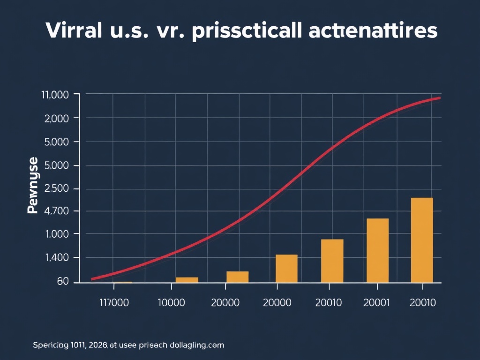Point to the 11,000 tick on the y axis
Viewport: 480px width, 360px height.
click(x=55, y=95)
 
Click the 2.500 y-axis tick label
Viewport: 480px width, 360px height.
click(x=56, y=188)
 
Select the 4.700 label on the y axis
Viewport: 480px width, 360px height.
click(x=56, y=211)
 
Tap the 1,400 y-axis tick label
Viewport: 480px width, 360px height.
click(x=56, y=257)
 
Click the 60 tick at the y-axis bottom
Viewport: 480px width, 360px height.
click(x=62, y=281)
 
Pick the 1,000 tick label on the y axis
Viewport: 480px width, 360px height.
click(x=56, y=234)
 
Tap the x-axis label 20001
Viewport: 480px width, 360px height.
click(x=376, y=303)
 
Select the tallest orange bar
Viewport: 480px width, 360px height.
click(x=422, y=240)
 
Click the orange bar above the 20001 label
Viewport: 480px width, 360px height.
click(x=377, y=250)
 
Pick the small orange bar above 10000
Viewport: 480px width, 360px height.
click(x=187, y=280)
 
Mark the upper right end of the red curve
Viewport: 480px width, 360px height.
click(x=439, y=98)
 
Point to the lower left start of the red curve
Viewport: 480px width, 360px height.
click(x=93, y=279)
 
